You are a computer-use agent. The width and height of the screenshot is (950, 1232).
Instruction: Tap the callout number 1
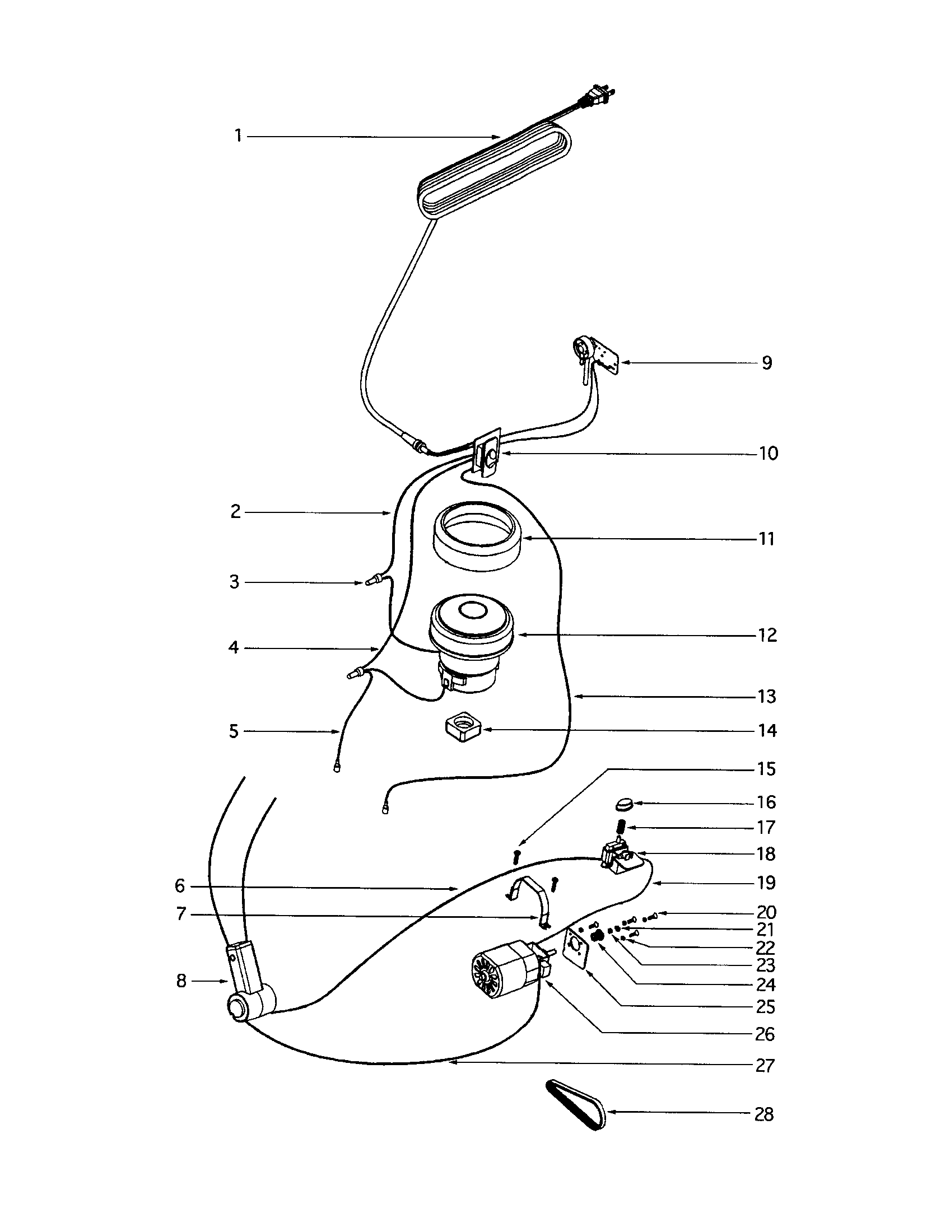[x=239, y=136]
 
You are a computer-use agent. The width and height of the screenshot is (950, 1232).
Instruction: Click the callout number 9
[x=767, y=363]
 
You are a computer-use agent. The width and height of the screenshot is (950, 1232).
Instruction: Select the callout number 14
[x=767, y=731]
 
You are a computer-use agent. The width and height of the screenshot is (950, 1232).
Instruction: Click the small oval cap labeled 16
[x=624, y=802]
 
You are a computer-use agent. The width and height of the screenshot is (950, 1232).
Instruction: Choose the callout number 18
[x=766, y=854]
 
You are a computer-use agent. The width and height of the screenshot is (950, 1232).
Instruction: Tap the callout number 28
[x=764, y=1114]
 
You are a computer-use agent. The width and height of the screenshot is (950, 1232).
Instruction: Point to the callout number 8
[x=181, y=982]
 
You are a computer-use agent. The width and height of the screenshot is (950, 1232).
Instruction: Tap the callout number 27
[x=765, y=1066]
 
